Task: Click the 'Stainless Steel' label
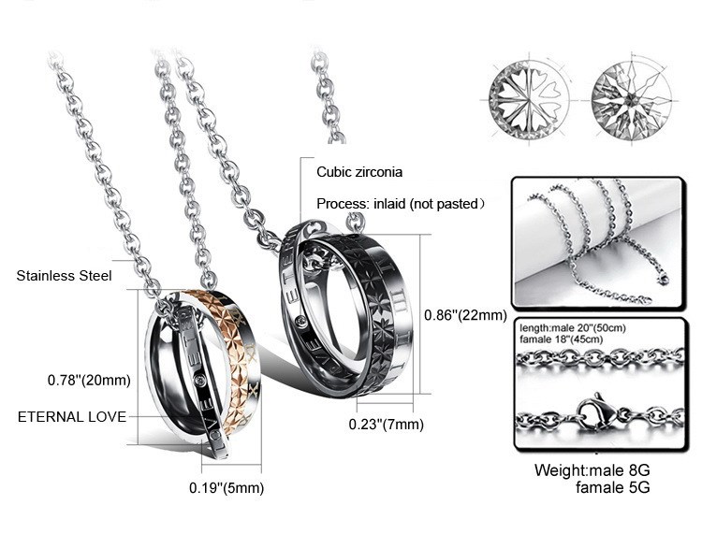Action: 64,276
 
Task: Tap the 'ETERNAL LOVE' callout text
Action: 72,417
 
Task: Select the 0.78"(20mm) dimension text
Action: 89,380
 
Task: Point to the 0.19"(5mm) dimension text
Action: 227,487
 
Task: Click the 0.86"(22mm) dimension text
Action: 465,315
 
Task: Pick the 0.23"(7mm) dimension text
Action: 386,424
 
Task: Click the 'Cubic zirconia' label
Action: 359,172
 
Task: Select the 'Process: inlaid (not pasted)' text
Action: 401,204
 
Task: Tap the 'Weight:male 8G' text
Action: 592,470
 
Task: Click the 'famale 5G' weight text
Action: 612,487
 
